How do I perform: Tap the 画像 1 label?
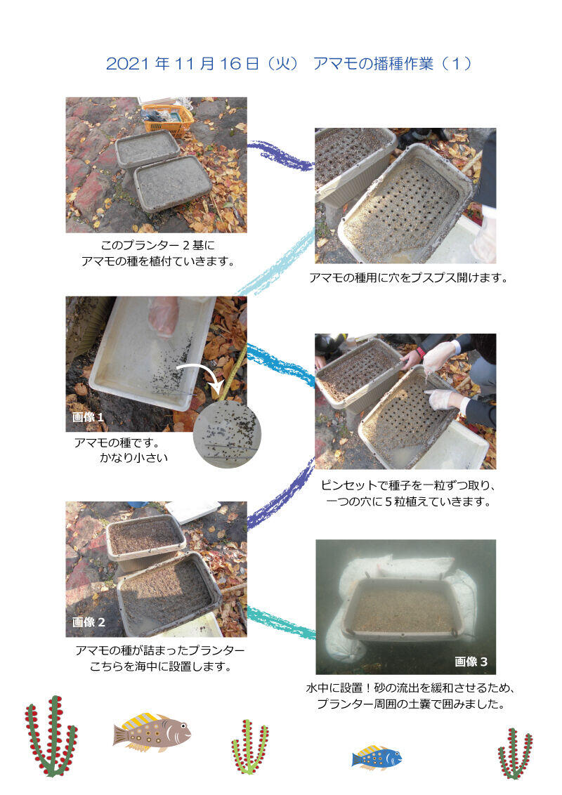pyautogui.click(x=89, y=418)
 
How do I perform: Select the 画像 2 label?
pyautogui.click(x=89, y=622)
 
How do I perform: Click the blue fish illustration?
pyautogui.click(x=377, y=757)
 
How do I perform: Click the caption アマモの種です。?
pyautogui.click(x=117, y=443)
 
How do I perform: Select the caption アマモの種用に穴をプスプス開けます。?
pyautogui.click(x=408, y=277)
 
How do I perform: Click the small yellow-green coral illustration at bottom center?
pyautogui.click(x=250, y=746)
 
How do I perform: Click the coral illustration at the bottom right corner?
pyautogui.click(x=515, y=753)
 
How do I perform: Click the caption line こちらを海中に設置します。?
pyautogui.click(x=161, y=666)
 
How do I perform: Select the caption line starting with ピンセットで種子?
pyautogui.click(x=410, y=485)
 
